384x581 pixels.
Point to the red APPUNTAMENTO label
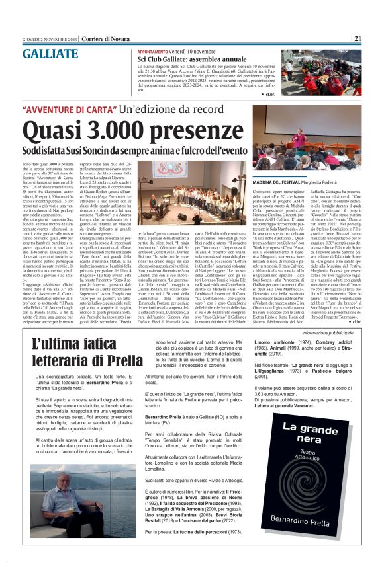(156, 51)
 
